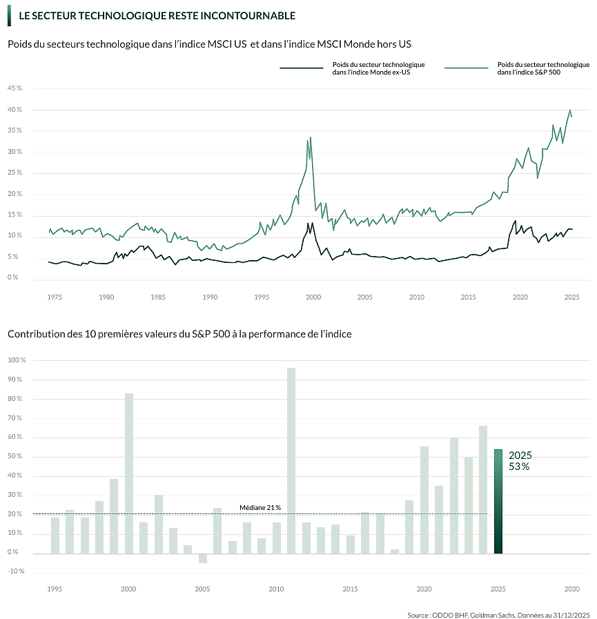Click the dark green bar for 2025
point(498,501)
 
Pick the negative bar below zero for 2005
point(203,558)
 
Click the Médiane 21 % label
point(260,507)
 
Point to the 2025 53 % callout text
point(520,461)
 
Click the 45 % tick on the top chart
point(14,88)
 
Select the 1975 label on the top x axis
point(54,297)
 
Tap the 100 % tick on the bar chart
point(17,360)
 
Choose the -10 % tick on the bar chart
point(17,571)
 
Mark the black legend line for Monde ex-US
point(301,68)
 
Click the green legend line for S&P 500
point(467,68)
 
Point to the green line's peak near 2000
point(311,137)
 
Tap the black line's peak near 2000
point(312,222)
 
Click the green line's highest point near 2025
point(570,110)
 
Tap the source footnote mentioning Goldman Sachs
point(498,614)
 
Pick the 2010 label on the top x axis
point(416,297)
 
